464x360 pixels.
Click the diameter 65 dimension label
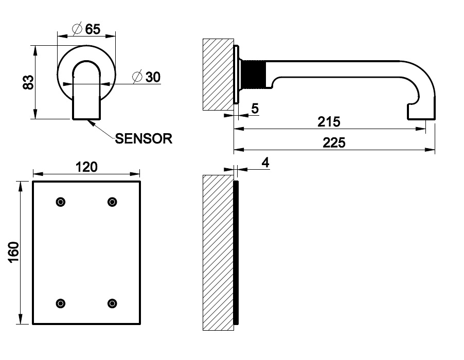(86, 29)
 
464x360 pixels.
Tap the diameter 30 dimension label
(147, 77)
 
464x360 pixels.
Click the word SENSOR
(144, 138)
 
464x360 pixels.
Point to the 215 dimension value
(329, 122)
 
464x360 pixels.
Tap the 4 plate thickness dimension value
(265, 163)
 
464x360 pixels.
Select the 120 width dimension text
(86, 167)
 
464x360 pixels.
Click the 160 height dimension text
(14, 252)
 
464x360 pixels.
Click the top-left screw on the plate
(61, 202)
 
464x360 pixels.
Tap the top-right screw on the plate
(112, 202)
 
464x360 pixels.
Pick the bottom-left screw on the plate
(61, 303)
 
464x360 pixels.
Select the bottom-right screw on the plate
(112, 303)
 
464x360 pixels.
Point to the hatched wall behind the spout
(219, 75)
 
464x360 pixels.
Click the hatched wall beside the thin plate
(219, 252)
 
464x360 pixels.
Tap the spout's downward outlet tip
(422, 116)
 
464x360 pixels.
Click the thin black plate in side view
(237, 252)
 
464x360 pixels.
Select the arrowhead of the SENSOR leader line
(90, 121)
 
